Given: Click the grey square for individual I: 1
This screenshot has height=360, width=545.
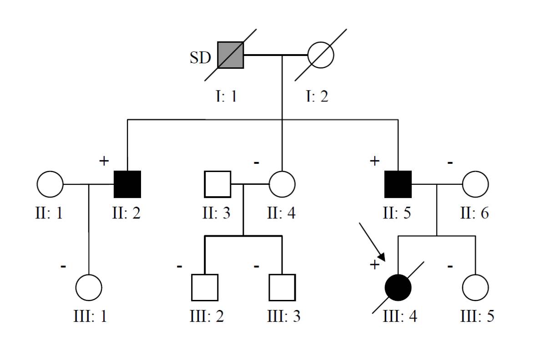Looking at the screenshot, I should click(230, 55).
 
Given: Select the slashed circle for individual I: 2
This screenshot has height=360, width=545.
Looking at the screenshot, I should click(321, 55).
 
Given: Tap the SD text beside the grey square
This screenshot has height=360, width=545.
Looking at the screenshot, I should click(201, 58).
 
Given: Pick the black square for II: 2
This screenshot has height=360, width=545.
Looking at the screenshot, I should click(127, 184).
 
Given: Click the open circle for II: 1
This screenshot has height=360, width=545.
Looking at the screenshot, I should click(50, 184).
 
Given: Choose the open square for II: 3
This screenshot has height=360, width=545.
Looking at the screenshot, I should click(217, 184).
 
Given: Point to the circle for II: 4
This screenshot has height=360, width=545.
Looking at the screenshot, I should click(282, 184).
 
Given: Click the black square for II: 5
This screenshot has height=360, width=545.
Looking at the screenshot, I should click(398, 184).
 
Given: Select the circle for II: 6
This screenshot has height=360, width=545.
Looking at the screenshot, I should click(475, 184).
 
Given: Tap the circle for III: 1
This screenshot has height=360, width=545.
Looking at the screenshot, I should click(89, 288).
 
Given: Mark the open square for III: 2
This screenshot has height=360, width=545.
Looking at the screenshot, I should click(205, 288).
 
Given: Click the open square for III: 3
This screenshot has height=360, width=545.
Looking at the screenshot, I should click(282, 288).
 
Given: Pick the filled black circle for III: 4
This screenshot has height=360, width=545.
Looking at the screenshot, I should click(398, 288).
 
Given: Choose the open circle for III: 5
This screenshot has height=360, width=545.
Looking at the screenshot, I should click(475, 288).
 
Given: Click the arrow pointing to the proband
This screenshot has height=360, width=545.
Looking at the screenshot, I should click(372, 242).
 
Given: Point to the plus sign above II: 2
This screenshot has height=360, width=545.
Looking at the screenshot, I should click(104, 160).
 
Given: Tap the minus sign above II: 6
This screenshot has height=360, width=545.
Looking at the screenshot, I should click(450, 162).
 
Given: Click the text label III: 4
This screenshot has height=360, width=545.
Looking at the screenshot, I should click(400, 316).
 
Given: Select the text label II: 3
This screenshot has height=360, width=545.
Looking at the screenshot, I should click(217, 213).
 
